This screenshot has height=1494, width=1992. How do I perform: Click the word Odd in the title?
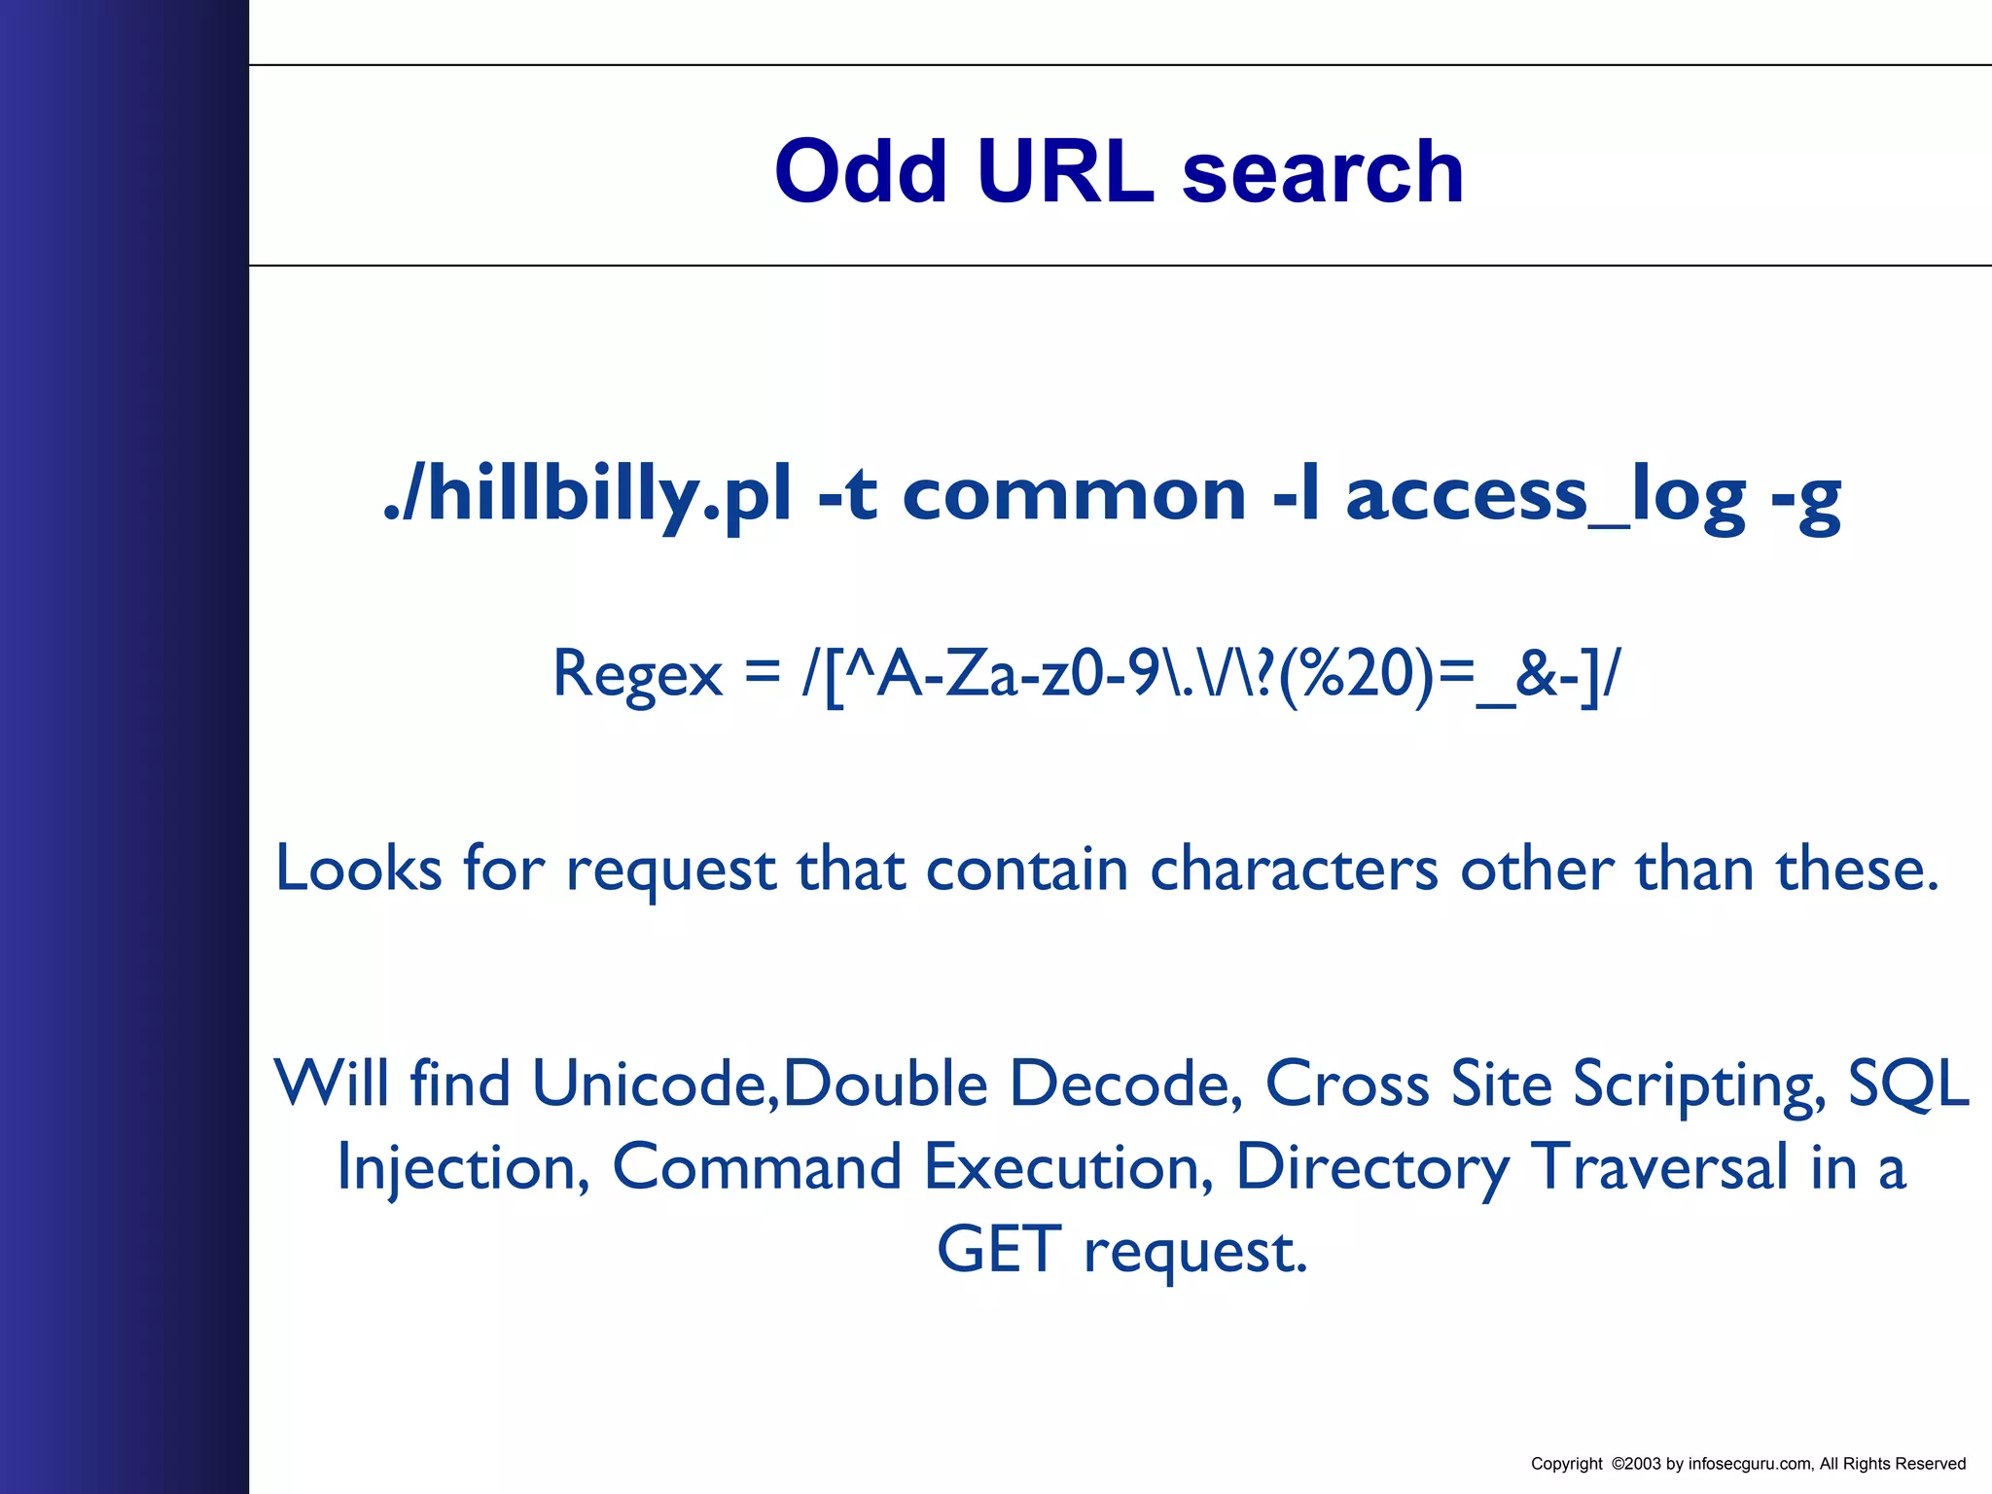tap(861, 172)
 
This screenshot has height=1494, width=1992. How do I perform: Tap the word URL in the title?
tap(1065, 172)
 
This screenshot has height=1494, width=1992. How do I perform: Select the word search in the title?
tap(1323, 172)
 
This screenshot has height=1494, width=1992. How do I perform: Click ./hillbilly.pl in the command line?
tap(587, 495)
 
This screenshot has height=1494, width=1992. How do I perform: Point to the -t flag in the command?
tap(848, 495)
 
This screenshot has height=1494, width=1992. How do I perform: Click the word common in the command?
tap(1075, 495)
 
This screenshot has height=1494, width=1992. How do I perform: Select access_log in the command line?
tap(1546, 495)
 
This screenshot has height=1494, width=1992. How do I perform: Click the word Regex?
tap(637, 673)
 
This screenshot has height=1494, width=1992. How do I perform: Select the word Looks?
tap(359, 868)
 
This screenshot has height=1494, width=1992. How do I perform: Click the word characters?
tap(1294, 868)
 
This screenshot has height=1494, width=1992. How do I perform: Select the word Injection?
tap(463, 1168)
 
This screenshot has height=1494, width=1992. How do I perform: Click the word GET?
tap(999, 1250)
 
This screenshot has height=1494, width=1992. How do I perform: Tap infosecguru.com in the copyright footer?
tap(1750, 1464)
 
